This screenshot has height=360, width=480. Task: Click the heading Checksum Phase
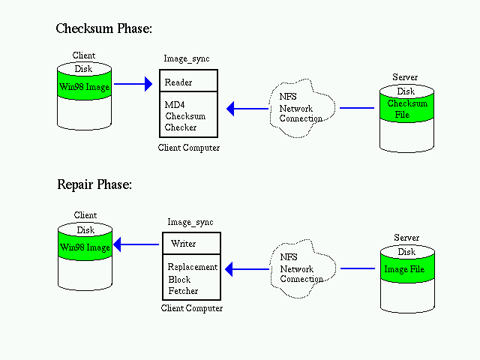pos(103,28)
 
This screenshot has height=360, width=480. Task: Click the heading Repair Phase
pos(94,184)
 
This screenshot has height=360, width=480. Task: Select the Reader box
pos(188,81)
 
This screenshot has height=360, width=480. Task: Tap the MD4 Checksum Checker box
pos(188,115)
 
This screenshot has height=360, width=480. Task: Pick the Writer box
pos(192,243)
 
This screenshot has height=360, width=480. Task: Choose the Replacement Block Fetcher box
pos(192,277)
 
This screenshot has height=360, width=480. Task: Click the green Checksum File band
pos(406,108)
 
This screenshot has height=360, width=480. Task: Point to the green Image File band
pos(407,268)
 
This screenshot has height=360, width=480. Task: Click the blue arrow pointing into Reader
pos(133,84)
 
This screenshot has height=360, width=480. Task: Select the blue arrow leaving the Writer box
pos(136,244)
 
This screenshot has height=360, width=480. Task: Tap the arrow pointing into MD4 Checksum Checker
pos(247,108)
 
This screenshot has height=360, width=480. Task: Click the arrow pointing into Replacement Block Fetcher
pos(247,269)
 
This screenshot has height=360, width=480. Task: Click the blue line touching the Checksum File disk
pos(357,108)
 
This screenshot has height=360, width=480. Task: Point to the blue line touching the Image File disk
pos(358,268)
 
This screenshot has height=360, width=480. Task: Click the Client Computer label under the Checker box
pos(189,148)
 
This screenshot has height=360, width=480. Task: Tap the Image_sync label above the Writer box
pos(190,222)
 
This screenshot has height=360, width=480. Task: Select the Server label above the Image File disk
pos(406,238)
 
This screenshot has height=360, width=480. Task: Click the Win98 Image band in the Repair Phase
pos(85,246)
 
